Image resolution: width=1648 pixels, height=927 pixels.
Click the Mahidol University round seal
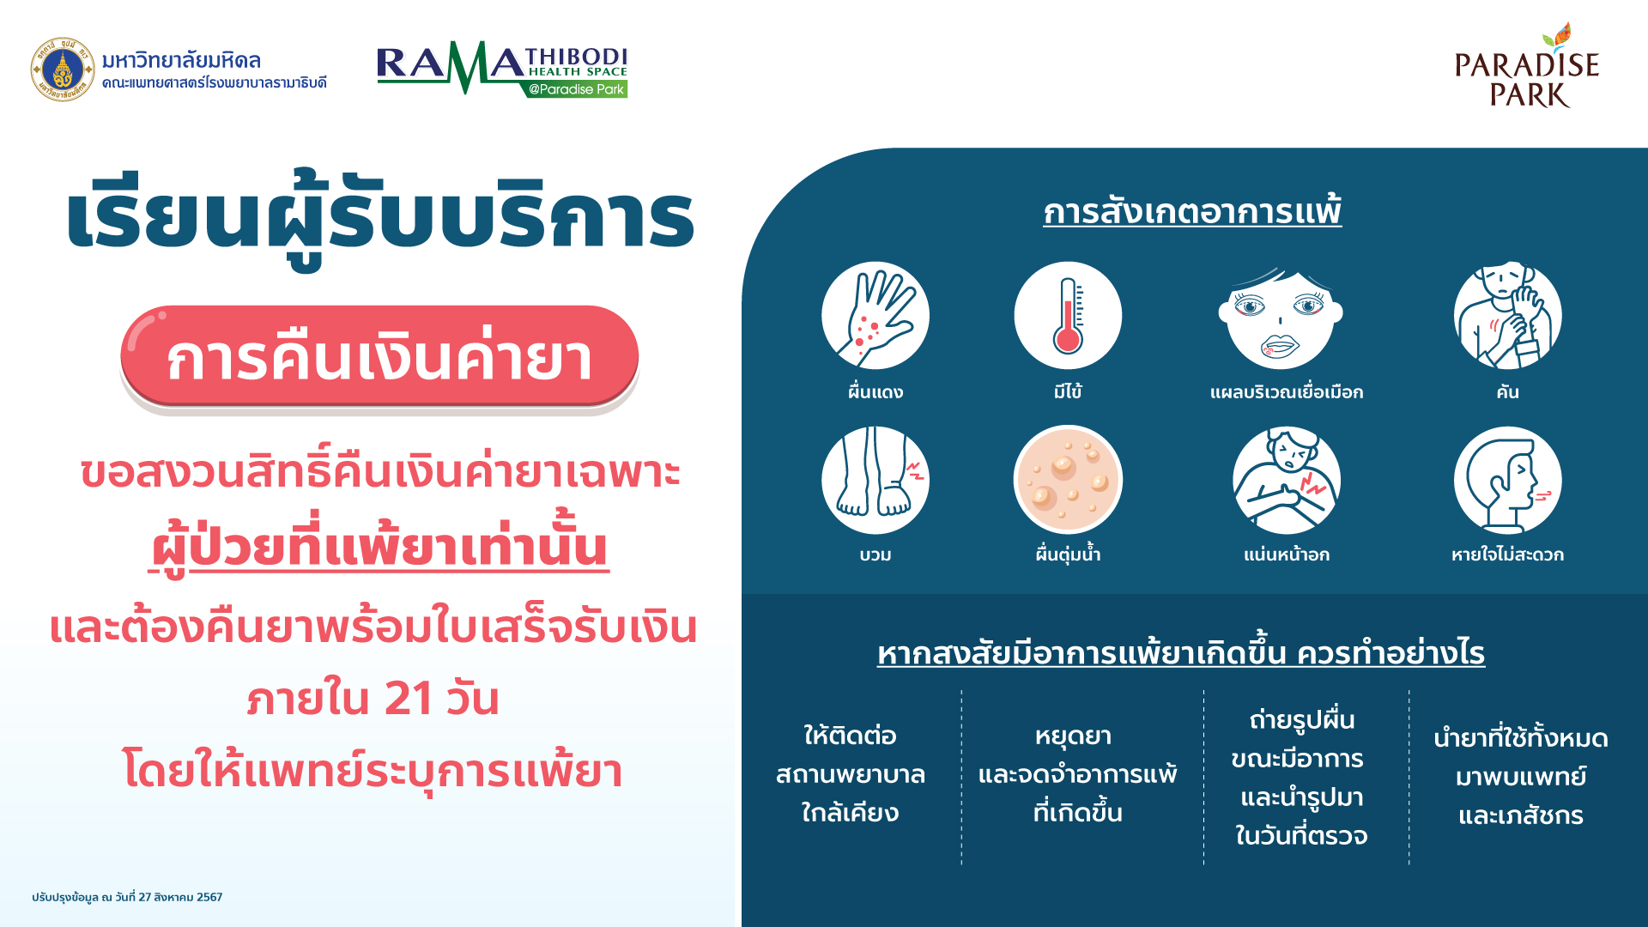(63, 70)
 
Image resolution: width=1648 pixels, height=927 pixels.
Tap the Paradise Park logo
(1527, 66)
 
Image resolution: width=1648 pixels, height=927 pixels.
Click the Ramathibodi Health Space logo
(502, 69)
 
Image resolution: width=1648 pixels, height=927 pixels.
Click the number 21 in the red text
(409, 698)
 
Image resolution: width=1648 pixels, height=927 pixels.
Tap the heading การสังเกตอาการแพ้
(1192, 211)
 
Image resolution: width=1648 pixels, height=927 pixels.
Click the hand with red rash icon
(875, 316)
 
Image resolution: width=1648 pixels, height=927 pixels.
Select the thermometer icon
(1068, 316)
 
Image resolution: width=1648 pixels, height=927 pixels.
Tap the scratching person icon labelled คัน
(1508, 316)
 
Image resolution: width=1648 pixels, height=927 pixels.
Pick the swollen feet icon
(875, 481)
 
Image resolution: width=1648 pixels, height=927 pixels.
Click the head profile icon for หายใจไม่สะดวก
(1508, 481)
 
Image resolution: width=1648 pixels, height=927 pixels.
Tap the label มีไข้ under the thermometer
(1068, 392)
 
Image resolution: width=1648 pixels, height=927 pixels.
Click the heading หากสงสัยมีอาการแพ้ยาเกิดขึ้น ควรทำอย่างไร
(1181, 653)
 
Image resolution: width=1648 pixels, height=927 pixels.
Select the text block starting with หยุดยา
(1077, 774)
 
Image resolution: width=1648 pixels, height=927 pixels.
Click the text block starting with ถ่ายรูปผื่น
(1301, 778)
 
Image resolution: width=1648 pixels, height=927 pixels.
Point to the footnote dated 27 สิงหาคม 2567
(127, 897)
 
